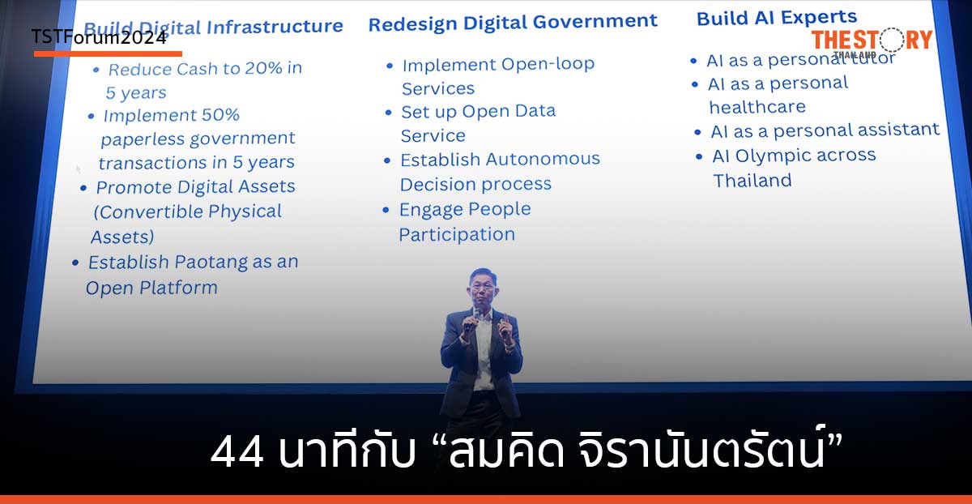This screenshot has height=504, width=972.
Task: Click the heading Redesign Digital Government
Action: (513, 22)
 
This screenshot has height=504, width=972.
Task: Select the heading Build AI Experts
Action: (776, 17)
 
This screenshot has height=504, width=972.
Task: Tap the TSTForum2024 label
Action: (99, 37)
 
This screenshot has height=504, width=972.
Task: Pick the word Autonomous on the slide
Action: (541, 159)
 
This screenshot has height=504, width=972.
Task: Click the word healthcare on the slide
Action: (757, 107)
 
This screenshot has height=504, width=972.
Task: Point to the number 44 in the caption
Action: (237, 452)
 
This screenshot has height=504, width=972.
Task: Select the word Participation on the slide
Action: (457, 234)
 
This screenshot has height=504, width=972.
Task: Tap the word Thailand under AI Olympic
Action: (752, 181)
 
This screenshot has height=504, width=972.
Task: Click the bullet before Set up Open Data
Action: (389, 113)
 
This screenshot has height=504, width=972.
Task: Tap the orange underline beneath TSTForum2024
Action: (108, 53)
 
